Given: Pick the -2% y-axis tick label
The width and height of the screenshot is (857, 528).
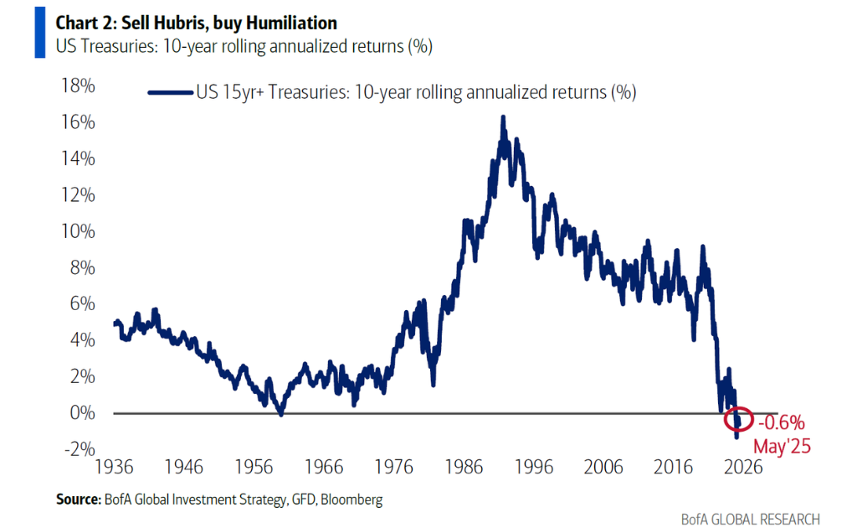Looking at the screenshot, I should pyautogui.click(x=76, y=449).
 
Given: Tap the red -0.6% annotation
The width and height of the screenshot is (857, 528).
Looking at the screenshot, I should pyautogui.click(x=783, y=422).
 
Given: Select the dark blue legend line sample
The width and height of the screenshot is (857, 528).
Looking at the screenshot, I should pyautogui.click(x=170, y=93).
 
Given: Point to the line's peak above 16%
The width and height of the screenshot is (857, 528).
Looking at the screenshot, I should pyautogui.click(x=503, y=117).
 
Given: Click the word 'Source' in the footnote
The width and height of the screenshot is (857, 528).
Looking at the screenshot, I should pyautogui.click(x=77, y=500).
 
